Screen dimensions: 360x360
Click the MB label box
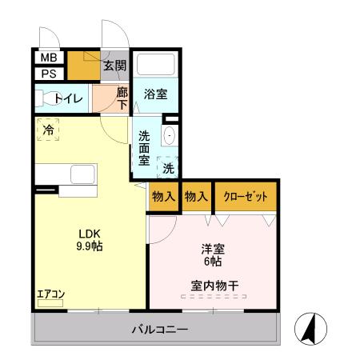click(48, 58)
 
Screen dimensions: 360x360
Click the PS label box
click(48, 74)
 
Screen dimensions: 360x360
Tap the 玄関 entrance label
click(114, 66)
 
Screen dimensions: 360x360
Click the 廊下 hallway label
click(122, 98)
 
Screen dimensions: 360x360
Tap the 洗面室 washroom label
click(145, 147)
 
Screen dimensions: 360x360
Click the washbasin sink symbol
click(169, 137)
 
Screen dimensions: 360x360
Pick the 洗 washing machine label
click(169, 168)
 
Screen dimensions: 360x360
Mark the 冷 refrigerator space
click(49, 129)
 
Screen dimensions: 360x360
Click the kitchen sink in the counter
click(83, 174)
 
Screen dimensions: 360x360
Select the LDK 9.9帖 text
click(88, 240)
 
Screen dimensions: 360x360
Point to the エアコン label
click(50, 293)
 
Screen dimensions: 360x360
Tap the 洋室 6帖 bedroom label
click(212, 255)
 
